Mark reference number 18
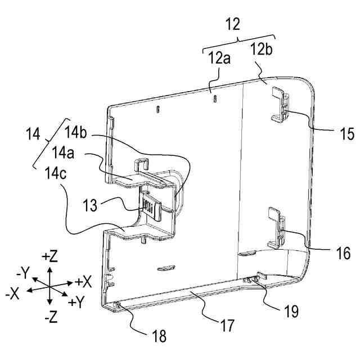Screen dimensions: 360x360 [x=159, y=337]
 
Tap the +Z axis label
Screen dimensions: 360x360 [x=50, y=256]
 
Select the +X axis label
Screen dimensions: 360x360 [x=83, y=281]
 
